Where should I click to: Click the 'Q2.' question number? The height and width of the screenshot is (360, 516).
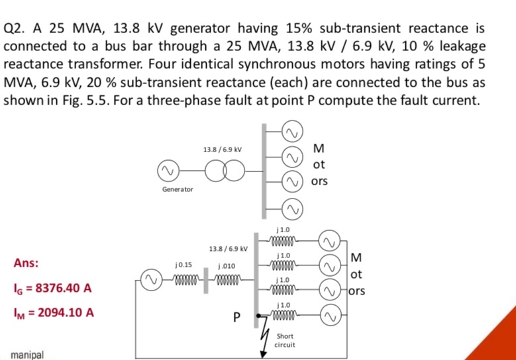pos(17,30)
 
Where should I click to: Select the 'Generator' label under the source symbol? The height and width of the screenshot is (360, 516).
pos(178,189)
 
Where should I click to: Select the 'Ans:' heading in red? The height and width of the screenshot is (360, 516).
pos(26,262)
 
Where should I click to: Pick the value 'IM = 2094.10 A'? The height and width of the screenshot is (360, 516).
pos(50,310)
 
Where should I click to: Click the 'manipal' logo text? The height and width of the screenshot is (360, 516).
pos(27,355)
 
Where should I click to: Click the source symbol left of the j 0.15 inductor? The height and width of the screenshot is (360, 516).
pos(151,277)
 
